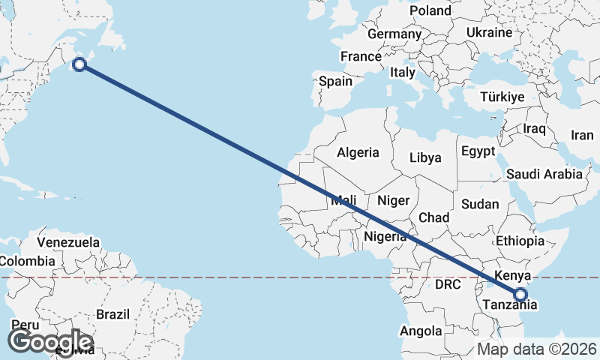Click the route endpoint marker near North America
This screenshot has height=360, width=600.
point(79,64)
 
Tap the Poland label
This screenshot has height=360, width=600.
point(430,10)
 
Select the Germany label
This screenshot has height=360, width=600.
point(394,34)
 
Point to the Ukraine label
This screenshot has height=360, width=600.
point(488,33)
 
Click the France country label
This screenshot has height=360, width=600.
point(361,56)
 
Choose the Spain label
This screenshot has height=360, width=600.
point(335,81)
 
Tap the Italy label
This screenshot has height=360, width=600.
point(402,73)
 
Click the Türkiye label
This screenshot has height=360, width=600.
point(502,97)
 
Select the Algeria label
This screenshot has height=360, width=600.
point(358,152)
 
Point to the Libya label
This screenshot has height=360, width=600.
point(425,157)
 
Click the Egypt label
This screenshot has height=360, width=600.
point(478,151)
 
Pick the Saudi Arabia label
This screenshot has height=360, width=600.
point(544,174)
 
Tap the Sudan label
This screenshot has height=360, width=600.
point(480,204)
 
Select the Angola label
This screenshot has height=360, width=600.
point(421,331)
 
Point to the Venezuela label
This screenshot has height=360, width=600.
point(68,242)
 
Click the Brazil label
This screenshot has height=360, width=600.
point(113,314)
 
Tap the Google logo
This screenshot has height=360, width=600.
point(49,341)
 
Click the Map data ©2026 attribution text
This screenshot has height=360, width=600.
point(537,349)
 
